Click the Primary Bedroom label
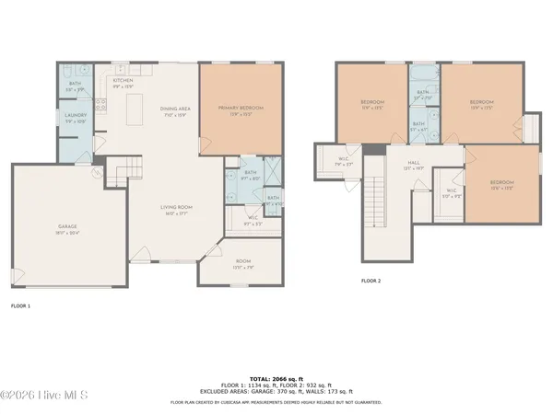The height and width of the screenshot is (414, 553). pos(240,109)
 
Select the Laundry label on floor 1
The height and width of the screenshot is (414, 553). pos(76,117)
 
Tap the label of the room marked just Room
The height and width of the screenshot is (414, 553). pos(243,264)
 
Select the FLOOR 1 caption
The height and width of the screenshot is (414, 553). pos(20,305)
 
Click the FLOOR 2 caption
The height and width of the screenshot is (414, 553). pos(371,281)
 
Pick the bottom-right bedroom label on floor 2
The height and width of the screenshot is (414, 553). pos(500,184)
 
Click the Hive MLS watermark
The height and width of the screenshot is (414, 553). pos(44,396)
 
